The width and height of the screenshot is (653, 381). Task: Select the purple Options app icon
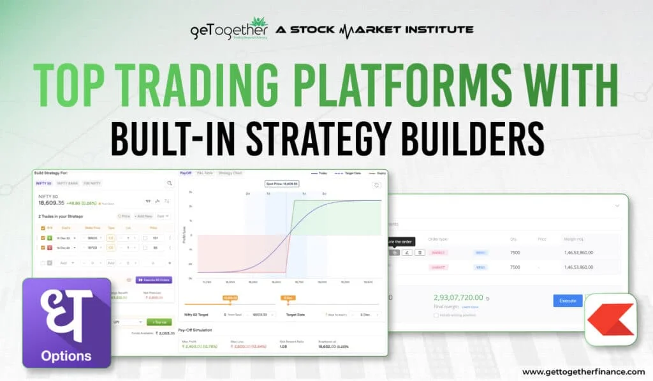point(66,323)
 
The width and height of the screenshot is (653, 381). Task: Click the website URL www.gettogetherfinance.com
point(583,371)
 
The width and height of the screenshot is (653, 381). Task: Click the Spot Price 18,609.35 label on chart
point(282,184)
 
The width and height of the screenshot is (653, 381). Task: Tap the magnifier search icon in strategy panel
point(170,183)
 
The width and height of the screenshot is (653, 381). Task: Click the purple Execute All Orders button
point(154,280)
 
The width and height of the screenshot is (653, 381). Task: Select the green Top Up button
point(159,322)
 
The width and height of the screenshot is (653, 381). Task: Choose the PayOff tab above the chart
point(186,173)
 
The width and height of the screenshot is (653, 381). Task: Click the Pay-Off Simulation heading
point(195,330)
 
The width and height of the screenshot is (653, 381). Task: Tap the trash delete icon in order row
point(419,253)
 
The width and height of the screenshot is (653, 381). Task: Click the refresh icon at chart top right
point(377,185)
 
